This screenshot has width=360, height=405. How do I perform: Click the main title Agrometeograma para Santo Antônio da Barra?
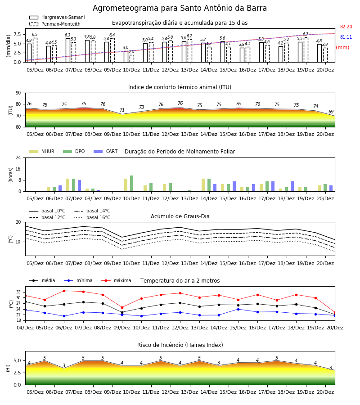(x=180, y=8)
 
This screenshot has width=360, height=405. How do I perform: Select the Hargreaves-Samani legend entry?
(x=57, y=17)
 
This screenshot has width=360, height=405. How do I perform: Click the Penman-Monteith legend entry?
(x=55, y=24)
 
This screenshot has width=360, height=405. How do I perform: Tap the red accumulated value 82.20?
(x=346, y=27)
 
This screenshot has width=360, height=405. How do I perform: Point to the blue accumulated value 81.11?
(x=346, y=37)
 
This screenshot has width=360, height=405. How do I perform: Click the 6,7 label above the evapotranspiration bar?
(x=306, y=34)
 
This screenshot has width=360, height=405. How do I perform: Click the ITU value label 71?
(x=122, y=110)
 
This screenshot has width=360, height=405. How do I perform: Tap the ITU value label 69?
(x=331, y=112)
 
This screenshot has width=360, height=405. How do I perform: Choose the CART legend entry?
(x=106, y=151)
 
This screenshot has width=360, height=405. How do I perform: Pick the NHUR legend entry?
(x=42, y=151)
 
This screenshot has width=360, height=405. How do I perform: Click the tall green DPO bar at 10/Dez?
(x=132, y=184)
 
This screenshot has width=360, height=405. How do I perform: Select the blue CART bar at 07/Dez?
(x=79, y=186)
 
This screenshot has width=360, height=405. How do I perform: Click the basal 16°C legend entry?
(x=92, y=217)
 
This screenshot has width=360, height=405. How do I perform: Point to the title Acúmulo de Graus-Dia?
(x=180, y=216)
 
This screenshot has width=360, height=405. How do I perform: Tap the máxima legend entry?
(x=116, y=280)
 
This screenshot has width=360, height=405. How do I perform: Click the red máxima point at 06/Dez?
(x=64, y=291)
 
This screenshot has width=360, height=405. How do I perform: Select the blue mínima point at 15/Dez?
(x=238, y=309)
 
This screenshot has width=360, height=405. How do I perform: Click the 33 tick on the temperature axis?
(x=18, y=292)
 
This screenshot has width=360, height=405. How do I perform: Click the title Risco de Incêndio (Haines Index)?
(x=180, y=345)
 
